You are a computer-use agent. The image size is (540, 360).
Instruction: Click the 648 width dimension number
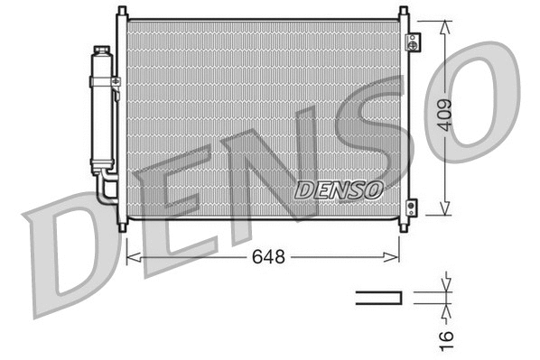coord(268,257)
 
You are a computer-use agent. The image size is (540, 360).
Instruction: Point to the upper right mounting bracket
coord(413,42)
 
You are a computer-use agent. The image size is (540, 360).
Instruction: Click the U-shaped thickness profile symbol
coord(377,297)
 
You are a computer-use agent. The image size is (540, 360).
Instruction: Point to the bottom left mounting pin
coord(121,223)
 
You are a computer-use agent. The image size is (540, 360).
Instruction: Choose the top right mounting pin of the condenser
coord(398,12)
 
